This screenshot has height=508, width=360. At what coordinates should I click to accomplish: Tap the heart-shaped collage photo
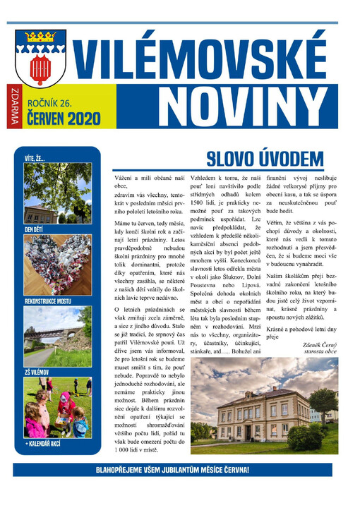tap(57, 265)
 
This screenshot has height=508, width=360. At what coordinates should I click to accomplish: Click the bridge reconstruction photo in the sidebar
tap(57, 337)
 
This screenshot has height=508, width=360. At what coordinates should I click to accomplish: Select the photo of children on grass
tap(57, 407)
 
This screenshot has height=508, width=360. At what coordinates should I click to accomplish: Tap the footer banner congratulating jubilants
tap(172, 469)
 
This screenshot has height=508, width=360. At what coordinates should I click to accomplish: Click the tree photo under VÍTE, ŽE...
tap(57, 194)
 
